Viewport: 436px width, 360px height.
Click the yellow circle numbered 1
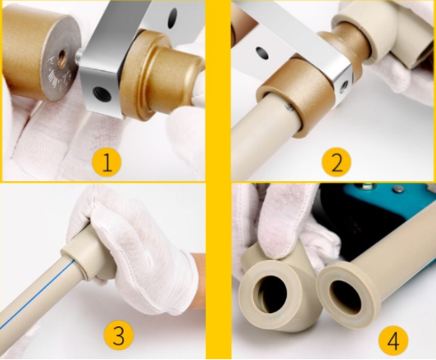coord(107,163)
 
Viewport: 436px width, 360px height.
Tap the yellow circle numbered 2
coord(337,162)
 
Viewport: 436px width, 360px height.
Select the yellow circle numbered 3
coord(119,335)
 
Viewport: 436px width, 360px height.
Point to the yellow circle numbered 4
coord(393,341)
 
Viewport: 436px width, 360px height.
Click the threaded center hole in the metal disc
coord(61,58)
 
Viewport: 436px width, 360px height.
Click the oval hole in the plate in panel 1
coord(173,17)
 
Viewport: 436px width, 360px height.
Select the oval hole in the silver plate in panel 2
coord(262,52)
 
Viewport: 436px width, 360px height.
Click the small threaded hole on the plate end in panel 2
coord(345,85)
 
